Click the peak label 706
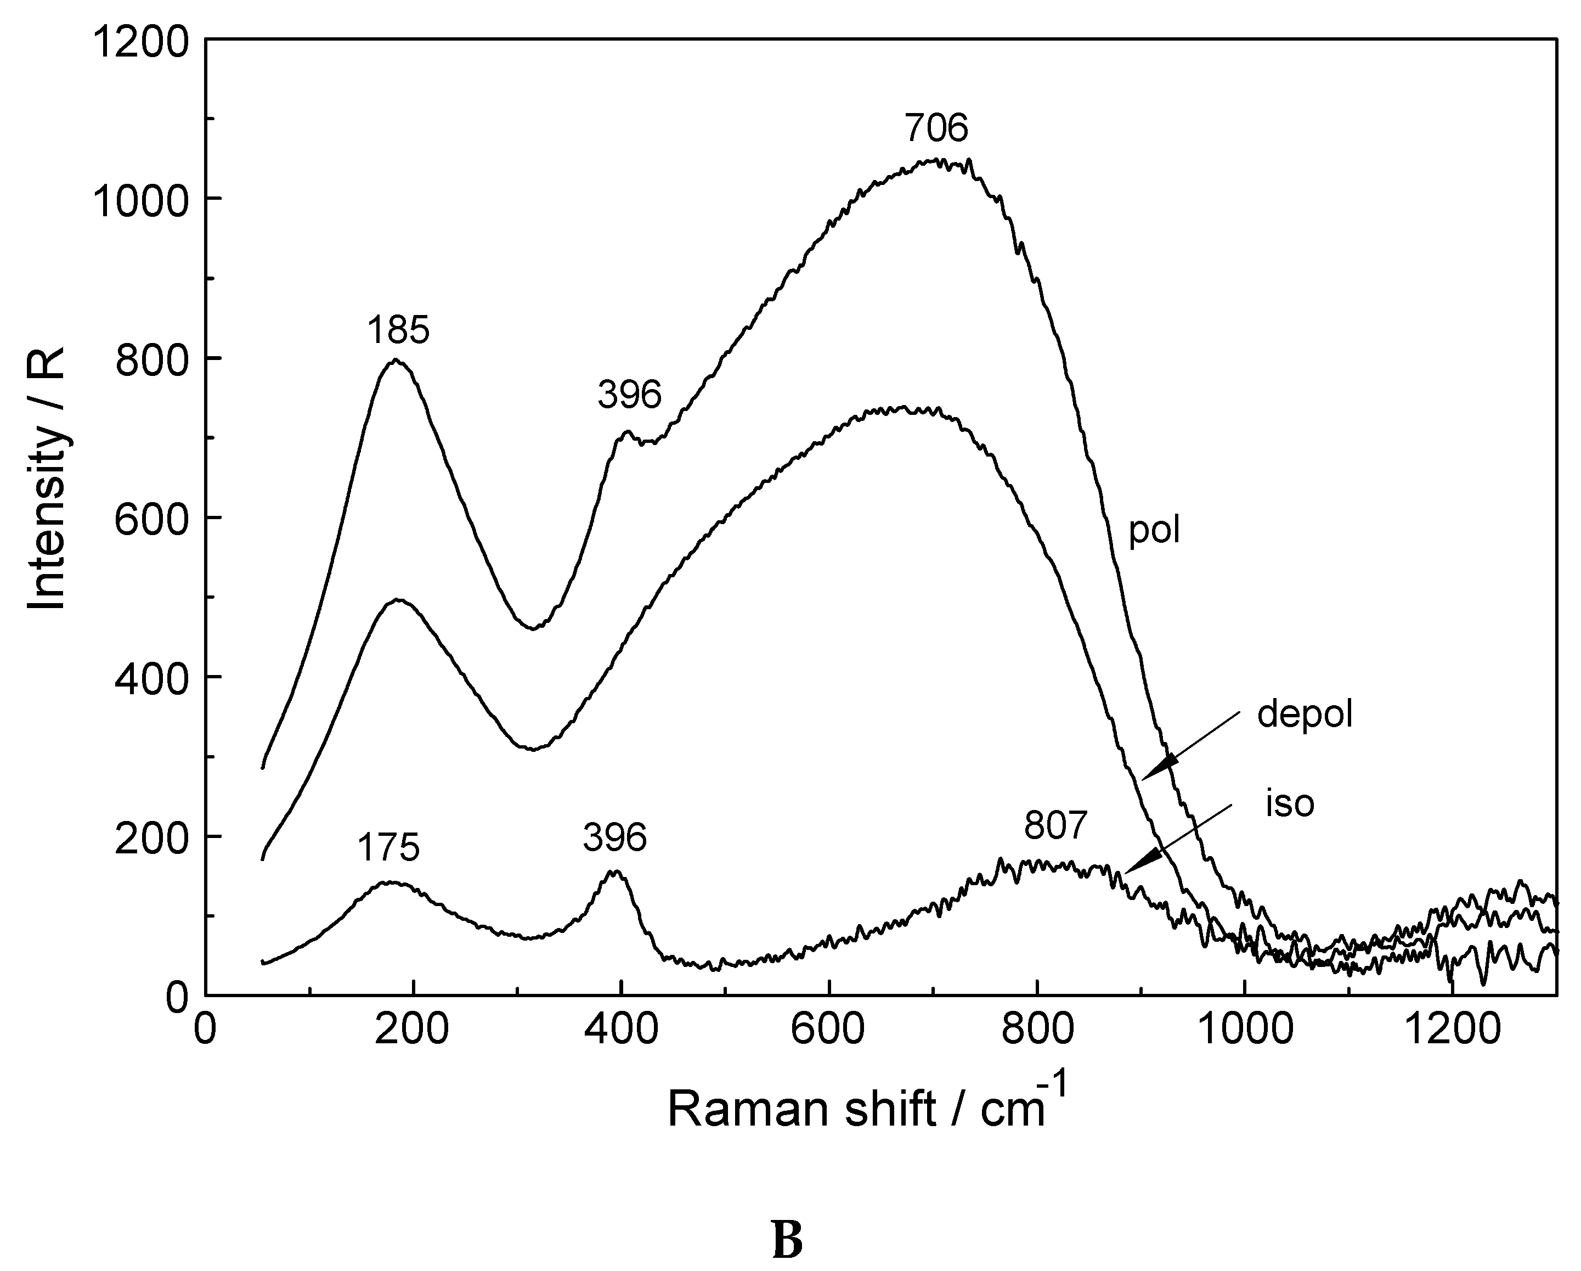click(x=936, y=129)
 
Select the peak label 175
click(x=388, y=848)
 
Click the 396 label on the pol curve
click(x=629, y=395)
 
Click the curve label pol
click(x=1154, y=530)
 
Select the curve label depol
click(x=1305, y=713)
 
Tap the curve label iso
click(x=1290, y=804)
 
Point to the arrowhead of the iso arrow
click(x=1140, y=863)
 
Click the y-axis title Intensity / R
click(x=48, y=477)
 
